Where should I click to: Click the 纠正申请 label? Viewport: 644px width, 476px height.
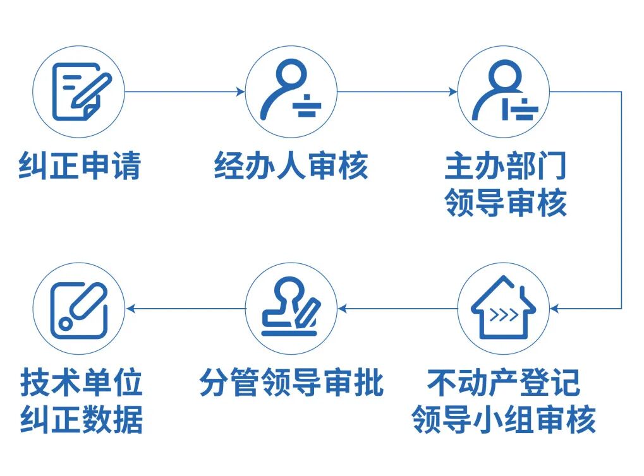[x=80, y=165]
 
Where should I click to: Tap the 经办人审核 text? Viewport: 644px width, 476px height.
[x=291, y=165]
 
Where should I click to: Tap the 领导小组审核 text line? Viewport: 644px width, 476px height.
[x=504, y=420]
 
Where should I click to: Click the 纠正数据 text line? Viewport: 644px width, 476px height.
[x=82, y=420]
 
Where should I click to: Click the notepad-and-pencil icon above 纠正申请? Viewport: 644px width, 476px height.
[x=80, y=92]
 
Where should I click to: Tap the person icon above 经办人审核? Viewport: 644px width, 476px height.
[x=291, y=92]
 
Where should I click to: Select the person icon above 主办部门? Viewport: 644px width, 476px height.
[x=504, y=92]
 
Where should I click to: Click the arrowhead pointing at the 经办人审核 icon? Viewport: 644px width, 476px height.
[x=241, y=92]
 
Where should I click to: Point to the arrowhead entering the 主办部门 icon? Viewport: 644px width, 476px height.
[x=453, y=92]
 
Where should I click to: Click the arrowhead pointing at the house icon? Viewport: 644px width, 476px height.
[x=555, y=308]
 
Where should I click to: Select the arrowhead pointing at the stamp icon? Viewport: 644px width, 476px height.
[x=343, y=308]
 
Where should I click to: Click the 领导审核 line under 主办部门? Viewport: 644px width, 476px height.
[x=505, y=203]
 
